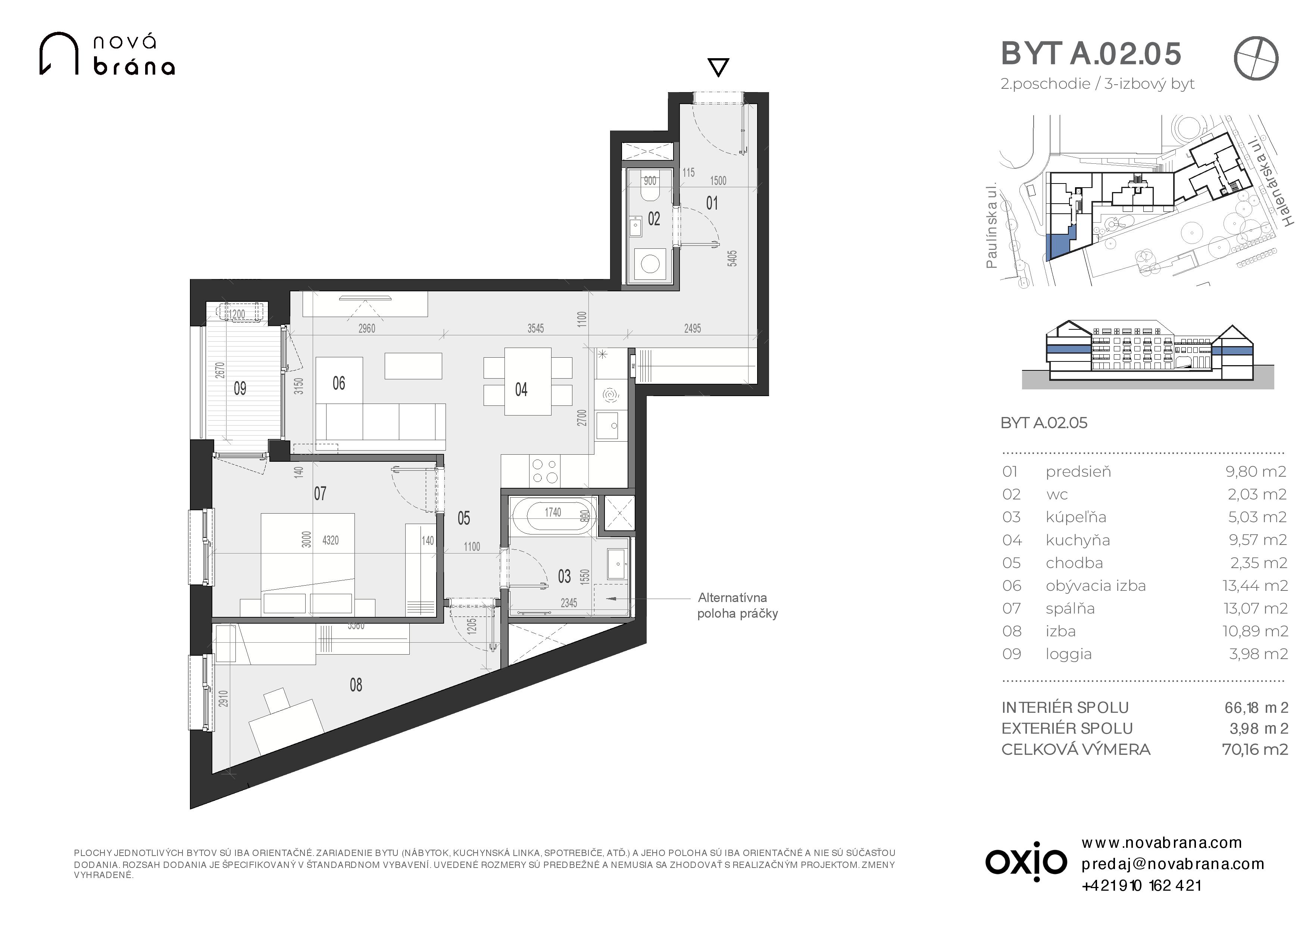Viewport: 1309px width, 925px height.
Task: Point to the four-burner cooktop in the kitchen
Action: [544, 471]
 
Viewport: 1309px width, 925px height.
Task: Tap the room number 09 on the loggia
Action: [240, 389]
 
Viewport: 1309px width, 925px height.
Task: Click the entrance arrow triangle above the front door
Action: [718, 67]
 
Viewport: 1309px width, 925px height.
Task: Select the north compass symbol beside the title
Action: [1256, 59]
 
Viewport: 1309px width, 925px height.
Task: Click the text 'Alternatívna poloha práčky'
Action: [737, 605]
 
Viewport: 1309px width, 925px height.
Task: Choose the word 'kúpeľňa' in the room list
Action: [1076, 517]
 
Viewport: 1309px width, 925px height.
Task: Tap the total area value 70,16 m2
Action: [1255, 749]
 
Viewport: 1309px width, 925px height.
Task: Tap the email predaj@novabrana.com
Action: [1173, 864]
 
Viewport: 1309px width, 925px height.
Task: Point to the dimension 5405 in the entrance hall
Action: [732, 258]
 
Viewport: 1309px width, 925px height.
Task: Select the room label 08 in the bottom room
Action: [356, 685]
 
